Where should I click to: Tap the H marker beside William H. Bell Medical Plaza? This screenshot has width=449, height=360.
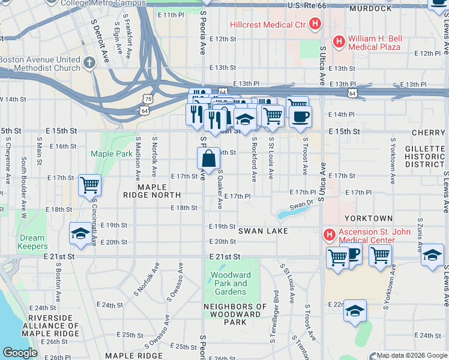click(339, 41)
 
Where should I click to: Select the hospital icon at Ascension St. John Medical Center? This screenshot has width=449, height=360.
click(328, 233)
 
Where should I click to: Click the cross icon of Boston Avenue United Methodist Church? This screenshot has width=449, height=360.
click(89, 63)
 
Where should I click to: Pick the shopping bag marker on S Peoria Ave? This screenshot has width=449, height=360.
click(208, 159)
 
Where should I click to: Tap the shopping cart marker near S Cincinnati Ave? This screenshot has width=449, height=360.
click(89, 185)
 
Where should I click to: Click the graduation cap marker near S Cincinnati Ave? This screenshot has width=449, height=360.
click(80, 233)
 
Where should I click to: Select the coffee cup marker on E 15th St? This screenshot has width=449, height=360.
click(300, 115)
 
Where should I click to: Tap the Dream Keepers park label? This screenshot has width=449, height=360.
click(32, 242)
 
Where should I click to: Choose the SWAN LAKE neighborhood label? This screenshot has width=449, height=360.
click(263, 231)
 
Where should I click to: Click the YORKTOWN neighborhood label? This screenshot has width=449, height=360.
click(369, 218)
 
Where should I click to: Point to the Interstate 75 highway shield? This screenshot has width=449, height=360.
click(148, 98)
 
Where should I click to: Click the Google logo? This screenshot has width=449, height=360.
click(20, 353)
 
